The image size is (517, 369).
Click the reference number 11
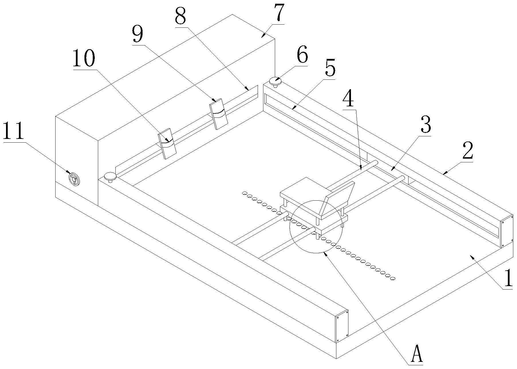coord(14,131)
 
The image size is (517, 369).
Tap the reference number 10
coord(84,58)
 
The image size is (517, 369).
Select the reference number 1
coord(508,278)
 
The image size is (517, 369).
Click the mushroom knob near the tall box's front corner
coord(110,177)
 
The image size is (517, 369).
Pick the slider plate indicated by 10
coord(167,143)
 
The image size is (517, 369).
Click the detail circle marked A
coord(316,226)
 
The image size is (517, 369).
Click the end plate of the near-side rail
coord(342,326)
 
